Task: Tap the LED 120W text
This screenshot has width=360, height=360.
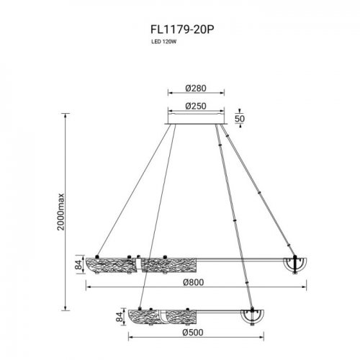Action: coord(163,48)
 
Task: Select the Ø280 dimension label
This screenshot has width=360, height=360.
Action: coord(196,88)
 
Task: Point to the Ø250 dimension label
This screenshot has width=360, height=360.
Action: coord(196,106)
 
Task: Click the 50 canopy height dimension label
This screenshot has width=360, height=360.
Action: coord(240,118)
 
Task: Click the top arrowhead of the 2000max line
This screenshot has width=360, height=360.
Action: coord(68,117)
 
